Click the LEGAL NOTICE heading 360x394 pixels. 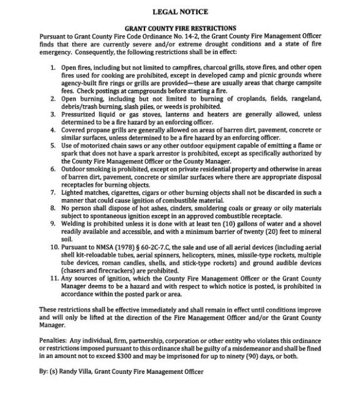(x=180, y=11)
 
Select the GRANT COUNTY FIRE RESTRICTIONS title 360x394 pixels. (x=180, y=28)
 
